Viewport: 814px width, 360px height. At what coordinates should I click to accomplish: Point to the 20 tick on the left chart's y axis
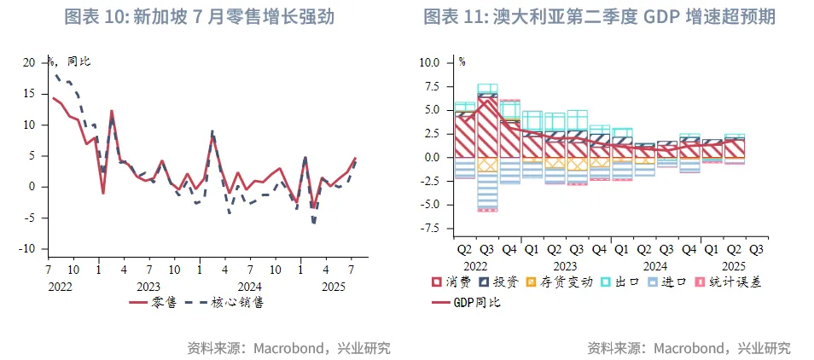click(29, 63)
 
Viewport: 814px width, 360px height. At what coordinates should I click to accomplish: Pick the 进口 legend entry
click(673, 282)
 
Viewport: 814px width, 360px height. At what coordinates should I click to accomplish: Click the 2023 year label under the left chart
click(148, 287)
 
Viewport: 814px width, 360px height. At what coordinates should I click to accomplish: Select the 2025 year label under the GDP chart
click(733, 266)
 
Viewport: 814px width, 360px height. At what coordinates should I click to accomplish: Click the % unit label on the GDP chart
click(462, 61)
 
